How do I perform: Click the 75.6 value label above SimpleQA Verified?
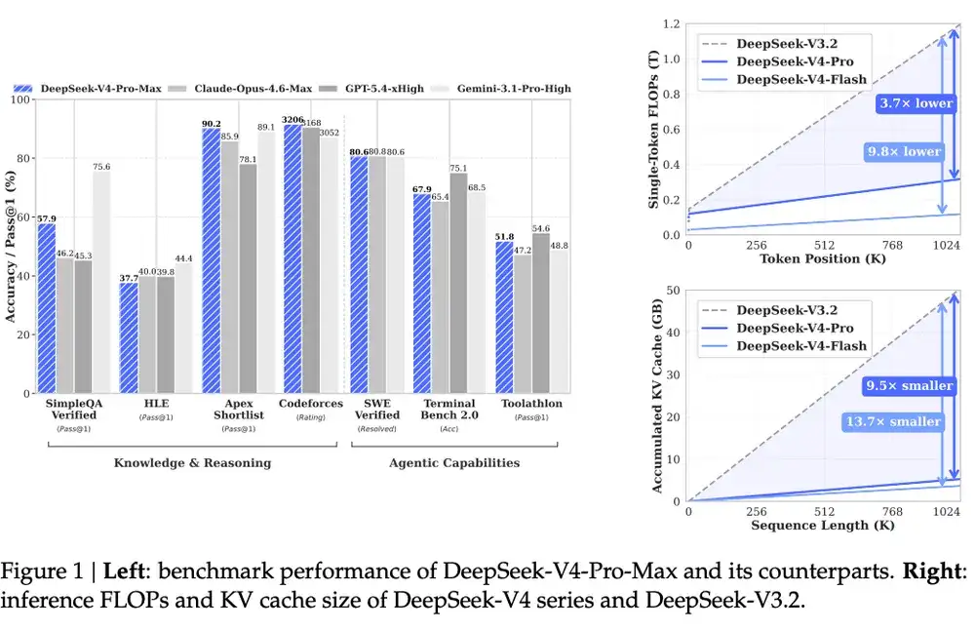(101, 167)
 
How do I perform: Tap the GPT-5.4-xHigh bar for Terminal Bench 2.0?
(457, 283)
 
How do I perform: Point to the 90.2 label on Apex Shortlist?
(211, 124)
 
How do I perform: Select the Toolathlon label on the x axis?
(530, 404)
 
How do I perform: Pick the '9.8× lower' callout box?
(904, 151)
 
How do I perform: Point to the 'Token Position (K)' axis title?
(812, 259)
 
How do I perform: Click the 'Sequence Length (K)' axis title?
(812, 526)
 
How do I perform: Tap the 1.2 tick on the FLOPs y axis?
(671, 23)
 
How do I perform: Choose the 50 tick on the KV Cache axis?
(673, 290)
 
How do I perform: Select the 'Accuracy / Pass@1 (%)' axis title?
(12, 246)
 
